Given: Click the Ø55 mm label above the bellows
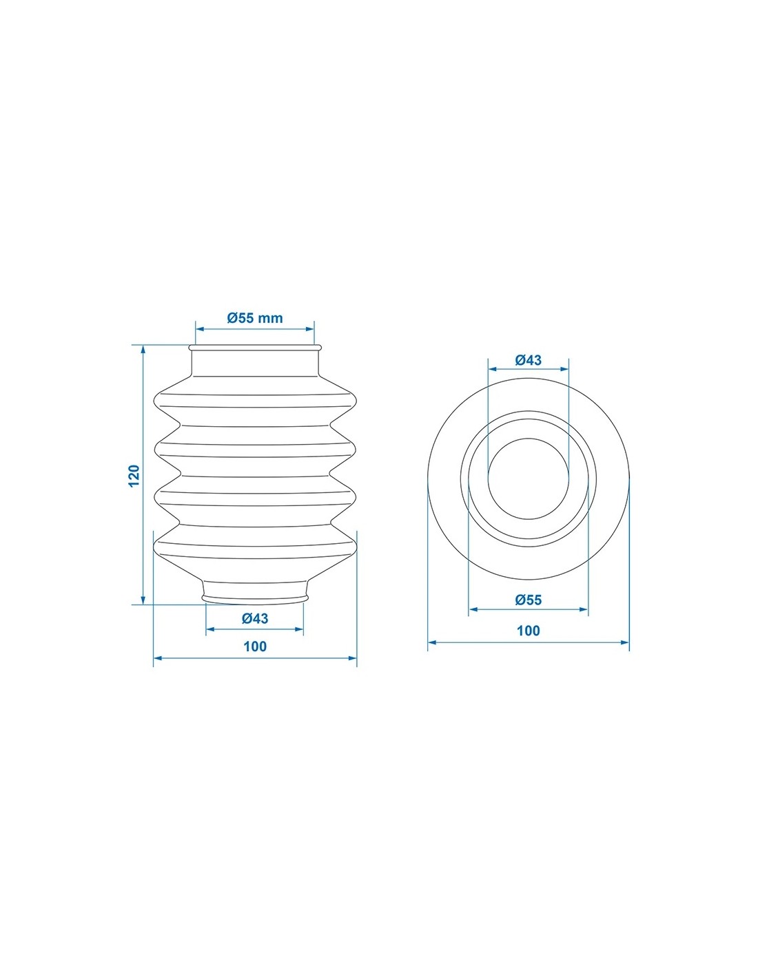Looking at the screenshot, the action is point(255,318).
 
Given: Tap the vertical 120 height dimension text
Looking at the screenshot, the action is point(134,475).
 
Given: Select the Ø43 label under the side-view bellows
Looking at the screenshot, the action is point(255,618).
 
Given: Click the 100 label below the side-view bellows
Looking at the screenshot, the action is point(255,646).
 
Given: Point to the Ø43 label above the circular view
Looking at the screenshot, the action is point(528,360).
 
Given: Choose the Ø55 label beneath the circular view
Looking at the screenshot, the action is point(528,600).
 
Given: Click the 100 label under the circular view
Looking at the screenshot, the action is point(528,631).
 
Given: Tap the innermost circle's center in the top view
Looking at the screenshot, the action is point(528,478).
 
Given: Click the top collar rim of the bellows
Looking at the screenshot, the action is point(255,348).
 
